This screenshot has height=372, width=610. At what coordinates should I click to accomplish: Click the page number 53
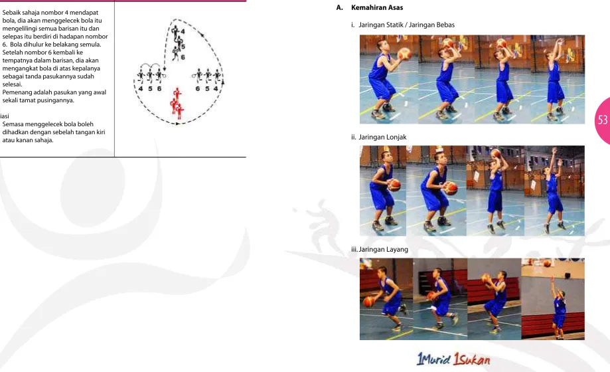(x=603, y=120)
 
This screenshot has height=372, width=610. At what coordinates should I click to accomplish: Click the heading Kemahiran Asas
(x=377, y=7)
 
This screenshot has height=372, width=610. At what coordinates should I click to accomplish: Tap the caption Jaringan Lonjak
(x=382, y=137)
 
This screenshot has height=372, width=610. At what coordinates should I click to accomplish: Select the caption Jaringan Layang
(x=383, y=249)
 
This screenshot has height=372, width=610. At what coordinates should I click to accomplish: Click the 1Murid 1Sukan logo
(x=453, y=359)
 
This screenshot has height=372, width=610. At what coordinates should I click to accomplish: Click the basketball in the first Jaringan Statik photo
(x=405, y=53)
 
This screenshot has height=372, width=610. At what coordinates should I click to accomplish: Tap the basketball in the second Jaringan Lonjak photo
(x=451, y=188)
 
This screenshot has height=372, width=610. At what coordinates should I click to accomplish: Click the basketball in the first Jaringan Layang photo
(x=369, y=302)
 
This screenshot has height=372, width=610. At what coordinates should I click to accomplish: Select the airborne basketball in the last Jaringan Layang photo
(x=548, y=264)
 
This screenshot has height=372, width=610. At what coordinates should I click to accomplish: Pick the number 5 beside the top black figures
(x=183, y=46)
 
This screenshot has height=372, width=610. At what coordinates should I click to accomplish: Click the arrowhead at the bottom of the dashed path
(x=178, y=124)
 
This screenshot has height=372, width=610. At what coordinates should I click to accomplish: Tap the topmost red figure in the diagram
(x=177, y=94)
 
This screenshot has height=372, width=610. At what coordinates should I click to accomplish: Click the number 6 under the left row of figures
(x=159, y=89)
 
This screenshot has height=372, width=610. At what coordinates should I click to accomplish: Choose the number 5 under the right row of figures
(x=207, y=89)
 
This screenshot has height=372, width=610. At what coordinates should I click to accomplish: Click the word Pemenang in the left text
(x=15, y=92)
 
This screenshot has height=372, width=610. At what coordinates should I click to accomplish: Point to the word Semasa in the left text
(x=13, y=124)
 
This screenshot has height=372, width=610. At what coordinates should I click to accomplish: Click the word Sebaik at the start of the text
(x=11, y=13)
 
